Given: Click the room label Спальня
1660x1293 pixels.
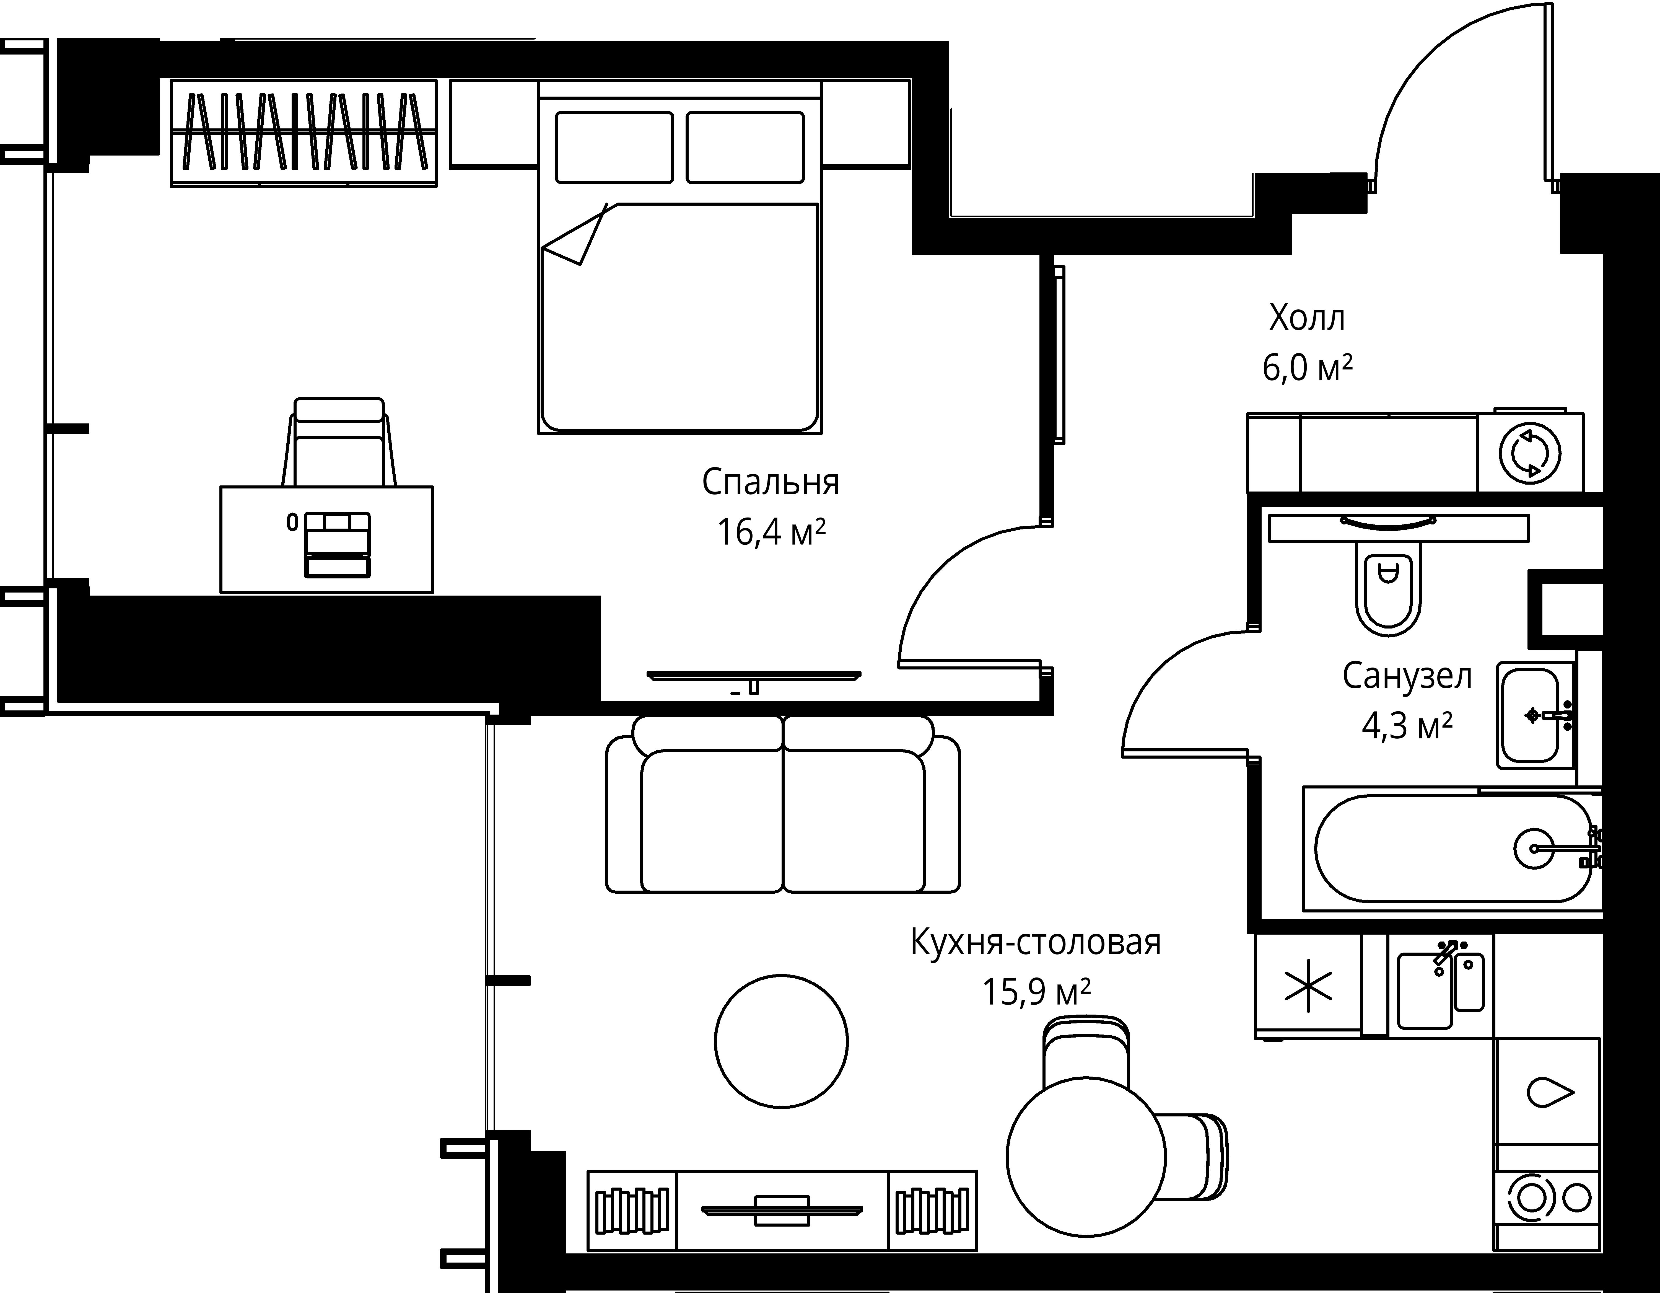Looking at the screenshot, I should coord(770,482).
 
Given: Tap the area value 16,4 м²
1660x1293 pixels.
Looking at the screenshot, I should coord(770,532).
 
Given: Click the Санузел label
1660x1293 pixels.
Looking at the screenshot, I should coord(1407,676).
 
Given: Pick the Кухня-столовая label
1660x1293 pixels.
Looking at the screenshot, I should coord(1035,943).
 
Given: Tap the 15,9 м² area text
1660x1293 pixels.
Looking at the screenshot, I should coord(1035,992).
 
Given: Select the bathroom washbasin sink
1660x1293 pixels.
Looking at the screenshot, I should coord(1529,715).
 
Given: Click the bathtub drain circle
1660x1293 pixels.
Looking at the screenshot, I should coord(1534,847).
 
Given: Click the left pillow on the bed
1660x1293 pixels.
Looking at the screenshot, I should coord(614,148).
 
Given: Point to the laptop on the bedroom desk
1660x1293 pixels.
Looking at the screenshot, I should coord(337,544).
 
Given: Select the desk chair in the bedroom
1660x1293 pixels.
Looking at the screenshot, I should coord(339,445).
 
